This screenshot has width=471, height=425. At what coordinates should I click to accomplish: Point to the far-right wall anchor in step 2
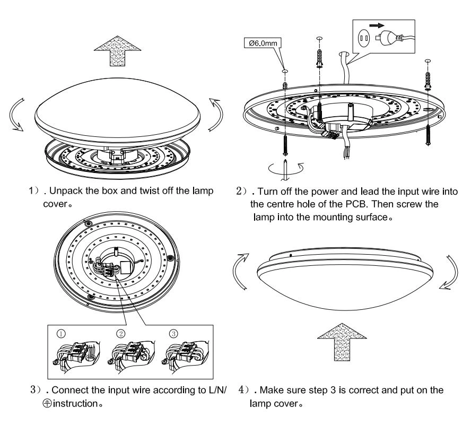pos(429,80)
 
